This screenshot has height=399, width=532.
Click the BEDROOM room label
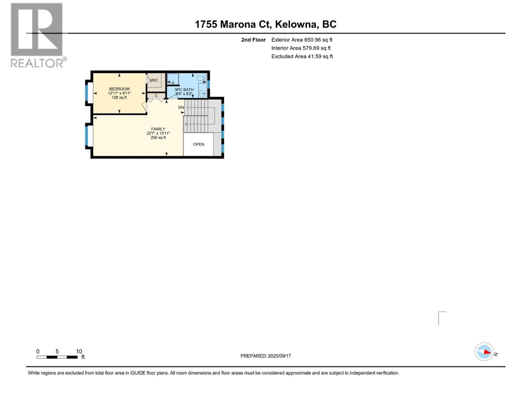click(119, 89)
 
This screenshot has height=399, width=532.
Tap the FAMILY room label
click(158, 129)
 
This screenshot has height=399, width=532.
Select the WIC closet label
click(154, 80)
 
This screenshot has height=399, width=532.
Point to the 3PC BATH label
click(184, 90)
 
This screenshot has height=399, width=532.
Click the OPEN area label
click(199, 144)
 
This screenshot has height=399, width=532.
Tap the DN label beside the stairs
click(181, 107)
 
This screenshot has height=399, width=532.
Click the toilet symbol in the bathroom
click(201, 78)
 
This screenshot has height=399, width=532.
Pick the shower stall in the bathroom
click(173, 79)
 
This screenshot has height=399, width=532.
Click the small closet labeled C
click(156, 96)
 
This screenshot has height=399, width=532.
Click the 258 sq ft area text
click(158, 138)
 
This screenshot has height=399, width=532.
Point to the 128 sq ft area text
click(119, 97)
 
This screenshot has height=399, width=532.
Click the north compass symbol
click(484, 352)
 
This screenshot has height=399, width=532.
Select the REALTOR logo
click(37, 35)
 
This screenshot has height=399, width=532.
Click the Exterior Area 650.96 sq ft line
click(302, 40)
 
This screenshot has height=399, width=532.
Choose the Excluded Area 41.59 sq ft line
click(302, 57)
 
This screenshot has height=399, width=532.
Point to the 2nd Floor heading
click(253, 40)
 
